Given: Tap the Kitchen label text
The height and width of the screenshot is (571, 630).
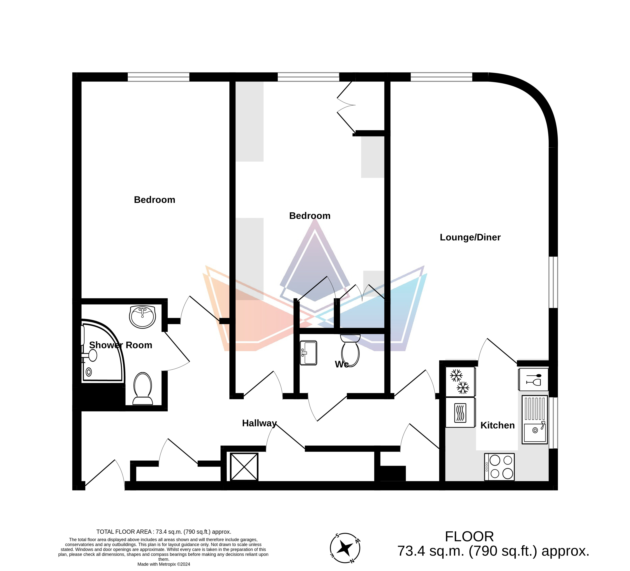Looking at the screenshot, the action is [497, 425].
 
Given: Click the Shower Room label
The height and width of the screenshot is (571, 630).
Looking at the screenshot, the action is [121, 345].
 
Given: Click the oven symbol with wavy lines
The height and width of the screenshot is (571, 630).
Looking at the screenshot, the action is [460, 412].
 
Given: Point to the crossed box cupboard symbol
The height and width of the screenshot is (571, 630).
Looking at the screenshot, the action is [244, 467].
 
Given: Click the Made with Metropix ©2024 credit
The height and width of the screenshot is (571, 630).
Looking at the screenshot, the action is [164, 564].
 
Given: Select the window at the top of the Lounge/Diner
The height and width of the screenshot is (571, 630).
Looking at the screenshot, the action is [441, 77].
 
